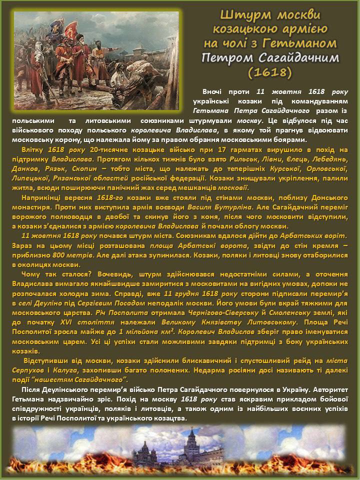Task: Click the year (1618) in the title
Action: (x=269, y=72)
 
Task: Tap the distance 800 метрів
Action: (x=77, y=253)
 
